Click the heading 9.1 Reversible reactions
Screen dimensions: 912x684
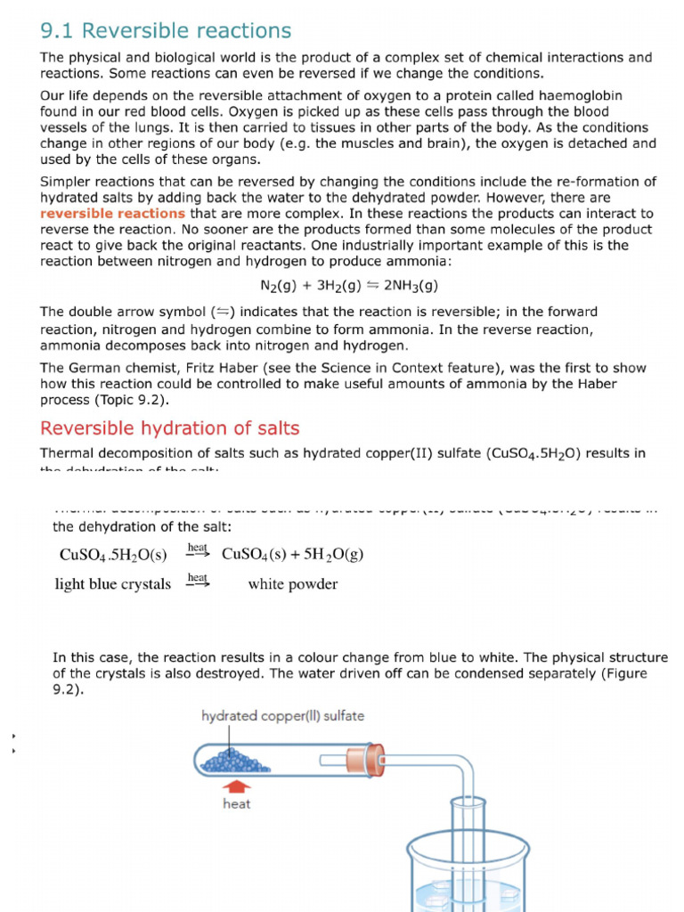coord(166,31)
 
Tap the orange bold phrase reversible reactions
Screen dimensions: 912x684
coord(113,214)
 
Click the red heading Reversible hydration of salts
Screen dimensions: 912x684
coord(170,427)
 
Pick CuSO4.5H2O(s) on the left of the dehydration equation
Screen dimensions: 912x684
coord(113,555)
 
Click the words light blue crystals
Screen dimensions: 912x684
coord(113,585)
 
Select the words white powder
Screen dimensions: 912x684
coord(292,585)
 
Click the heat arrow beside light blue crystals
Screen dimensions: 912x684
coord(198,581)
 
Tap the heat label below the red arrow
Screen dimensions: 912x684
coord(236,804)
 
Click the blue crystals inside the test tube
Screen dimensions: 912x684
coord(231,761)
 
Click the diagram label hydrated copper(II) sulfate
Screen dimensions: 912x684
coord(282,716)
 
